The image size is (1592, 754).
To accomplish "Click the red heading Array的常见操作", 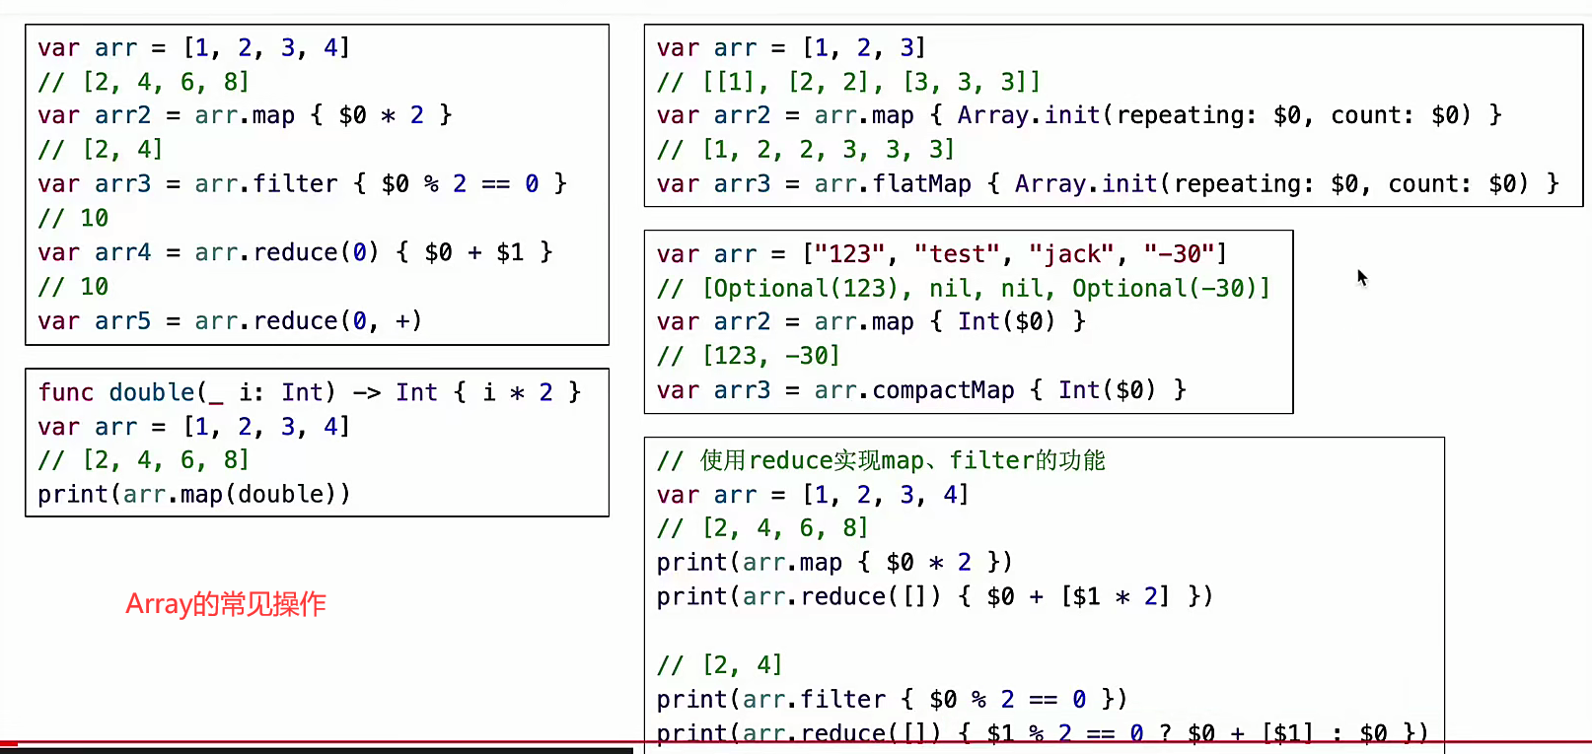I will pyautogui.click(x=226, y=603).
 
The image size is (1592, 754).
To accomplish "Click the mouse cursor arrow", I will pyautogui.click(x=1361, y=277).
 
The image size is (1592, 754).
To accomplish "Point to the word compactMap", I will pyautogui.click(x=943, y=390).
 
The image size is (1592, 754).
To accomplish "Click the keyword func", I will pyautogui.click(x=65, y=392).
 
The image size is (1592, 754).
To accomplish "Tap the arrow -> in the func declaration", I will pyautogui.click(x=366, y=392).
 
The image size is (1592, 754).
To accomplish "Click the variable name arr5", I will pyautogui.click(x=122, y=321).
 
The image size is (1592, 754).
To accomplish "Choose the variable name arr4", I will pyautogui.click(x=122, y=253).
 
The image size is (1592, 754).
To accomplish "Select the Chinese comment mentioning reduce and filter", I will pyautogui.click(x=881, y=460).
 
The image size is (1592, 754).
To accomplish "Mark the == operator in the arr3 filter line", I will pyautogui.click(x=495, y=184).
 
